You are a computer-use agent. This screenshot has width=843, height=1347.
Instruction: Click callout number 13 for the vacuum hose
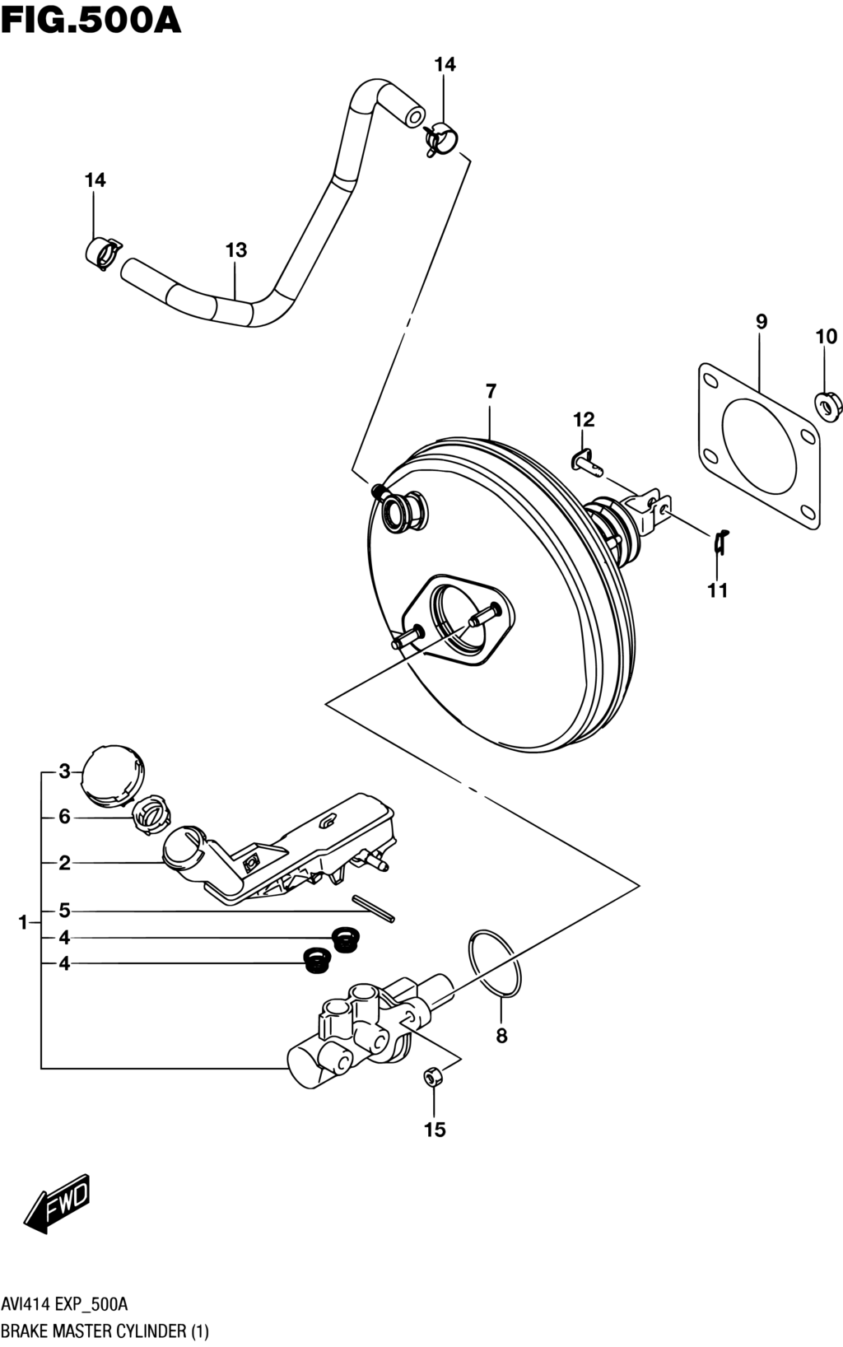pyautogui.click(x=236, y=249)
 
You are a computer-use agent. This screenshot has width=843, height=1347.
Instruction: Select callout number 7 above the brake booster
pyautogui.click(x=491, y=391)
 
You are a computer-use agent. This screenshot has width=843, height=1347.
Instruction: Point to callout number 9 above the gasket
pyautogui.click(x=761, y=322)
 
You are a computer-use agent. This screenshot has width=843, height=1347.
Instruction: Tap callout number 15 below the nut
pyautogui.click(x=435, y=1130)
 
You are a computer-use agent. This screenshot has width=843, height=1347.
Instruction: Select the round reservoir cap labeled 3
pyautogui.click(x=113, y=774)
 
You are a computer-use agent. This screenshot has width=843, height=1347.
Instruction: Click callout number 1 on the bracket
pyautogui.click(x=23, y=922)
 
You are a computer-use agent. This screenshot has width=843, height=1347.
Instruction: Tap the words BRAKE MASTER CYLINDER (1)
pyautogui.click(x=105, y=1331)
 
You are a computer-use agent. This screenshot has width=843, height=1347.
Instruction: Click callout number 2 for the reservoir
pyautogui.click(x=64, y=865)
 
